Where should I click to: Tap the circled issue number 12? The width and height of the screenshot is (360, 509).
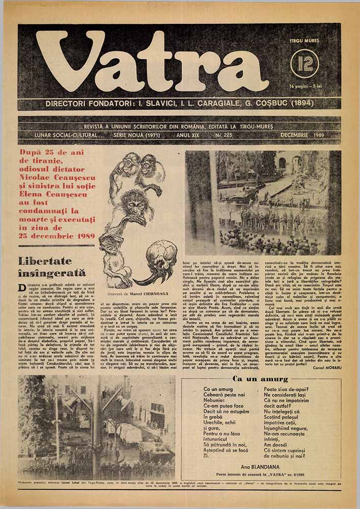tap(304, 63)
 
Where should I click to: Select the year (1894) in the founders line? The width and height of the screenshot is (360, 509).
tap(299, 103)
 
